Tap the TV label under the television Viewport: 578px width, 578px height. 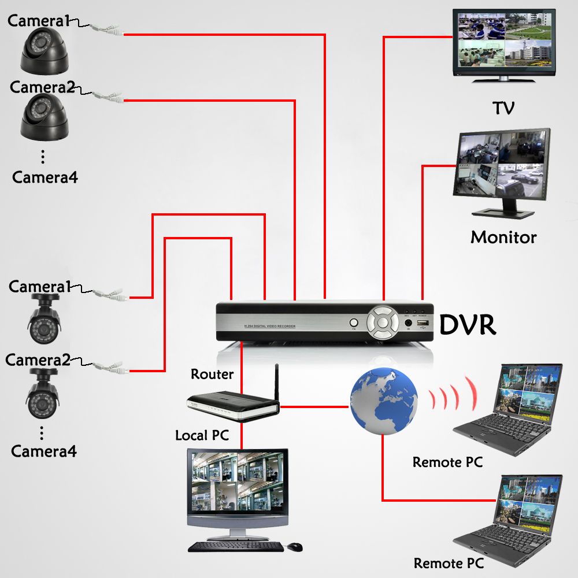pyautogui.click(x=503, y=108)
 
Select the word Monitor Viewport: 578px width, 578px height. pyautogui.click(x=503, y=237)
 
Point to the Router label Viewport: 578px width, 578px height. pyautogui.click(x=212, y=374)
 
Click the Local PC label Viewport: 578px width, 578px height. pyautogui.click(x=202, y=435)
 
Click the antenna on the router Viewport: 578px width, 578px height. pyautogui.click(x=277, y=381)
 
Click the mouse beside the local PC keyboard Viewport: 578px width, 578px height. pyautogui.click(x=295, y=546)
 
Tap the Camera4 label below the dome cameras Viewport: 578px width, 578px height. pyautogui.click(x=45, y=177)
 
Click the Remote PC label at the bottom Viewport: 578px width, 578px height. pyautogui.click(x=448, y=563)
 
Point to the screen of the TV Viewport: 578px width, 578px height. pyautogui.click(x=502, y=40)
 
